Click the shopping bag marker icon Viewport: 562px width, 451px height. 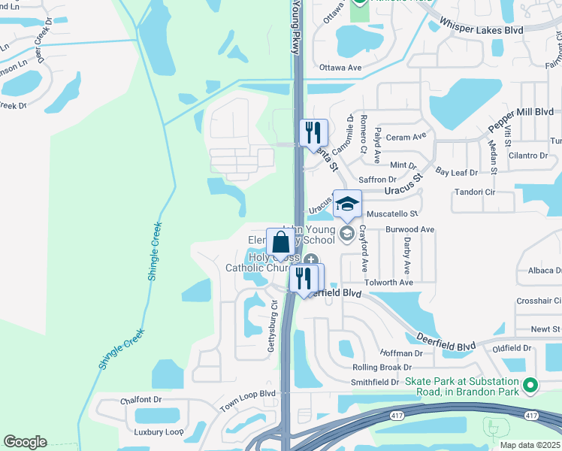click(x=280, y=242)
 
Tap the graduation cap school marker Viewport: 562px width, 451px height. click(x=347, y=204)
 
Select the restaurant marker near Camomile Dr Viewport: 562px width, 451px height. click(x=313, y=133)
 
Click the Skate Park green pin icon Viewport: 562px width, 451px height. click(x=530, y=386)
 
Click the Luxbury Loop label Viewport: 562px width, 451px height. click(x=159, y=432)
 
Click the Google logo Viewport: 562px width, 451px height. click(x=25, y=442)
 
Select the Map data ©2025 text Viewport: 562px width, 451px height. click(x=529, y=445)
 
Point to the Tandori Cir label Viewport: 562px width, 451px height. click(x=475, y=192)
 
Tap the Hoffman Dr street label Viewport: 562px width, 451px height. click(x=402, y=353)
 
